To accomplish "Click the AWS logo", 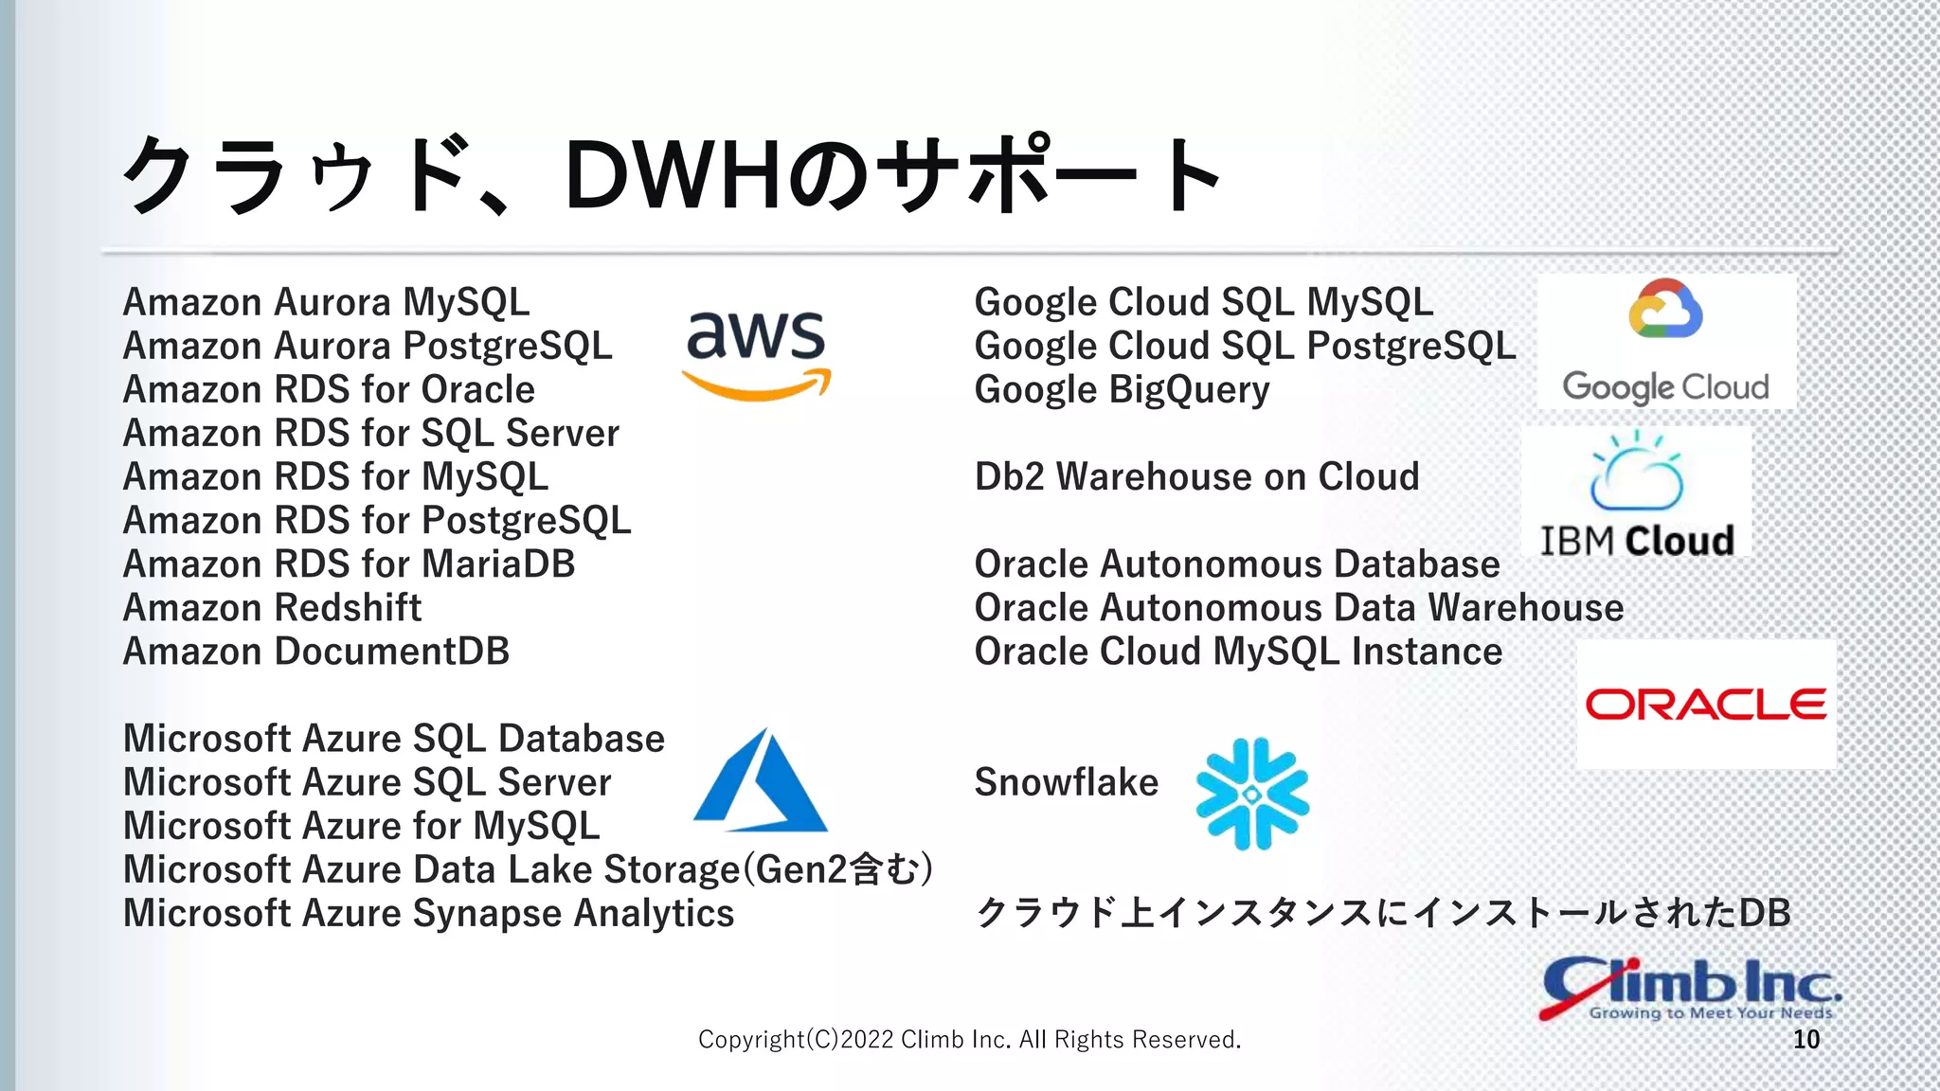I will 756,354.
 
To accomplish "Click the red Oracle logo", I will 1705,705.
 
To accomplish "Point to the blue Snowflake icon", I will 1252,794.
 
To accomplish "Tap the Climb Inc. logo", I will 1690,989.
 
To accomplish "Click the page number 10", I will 1805,1040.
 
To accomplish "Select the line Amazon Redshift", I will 273,608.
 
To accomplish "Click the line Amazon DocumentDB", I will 316,652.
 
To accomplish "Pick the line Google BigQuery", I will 1122,390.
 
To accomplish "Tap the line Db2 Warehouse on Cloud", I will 1196,477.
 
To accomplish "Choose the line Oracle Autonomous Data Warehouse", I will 1299,608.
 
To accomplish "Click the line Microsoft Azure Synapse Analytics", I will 428,914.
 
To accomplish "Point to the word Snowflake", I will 1066,783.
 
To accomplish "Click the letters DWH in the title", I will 674,175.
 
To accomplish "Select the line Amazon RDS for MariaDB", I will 349,564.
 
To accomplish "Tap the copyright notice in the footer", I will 969,1040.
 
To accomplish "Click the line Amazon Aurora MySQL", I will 326,303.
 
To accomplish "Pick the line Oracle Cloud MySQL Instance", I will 1238,652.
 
